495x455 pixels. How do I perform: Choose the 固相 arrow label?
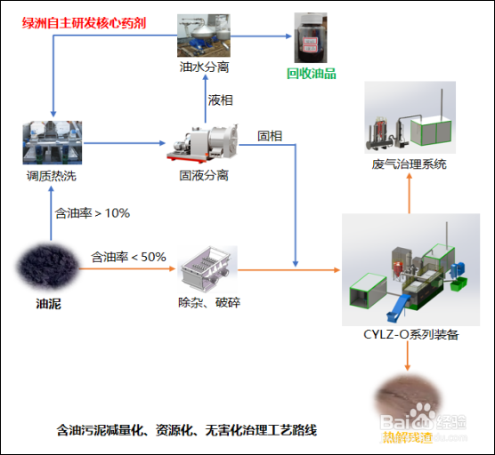pyautogui.click(x=270, y=135)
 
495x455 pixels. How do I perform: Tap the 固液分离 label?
pyautogui.click(x=203, y=175)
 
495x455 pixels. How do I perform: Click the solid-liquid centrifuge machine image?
pyautogui.click(x=202, y=141)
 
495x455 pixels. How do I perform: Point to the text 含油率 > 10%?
pyautogui.click(x=93, y=213)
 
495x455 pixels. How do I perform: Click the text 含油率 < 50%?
pyautogui.click(x=128, y=257)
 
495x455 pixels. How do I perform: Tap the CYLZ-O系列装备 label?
pyautogui.click(x=410, y=334)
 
